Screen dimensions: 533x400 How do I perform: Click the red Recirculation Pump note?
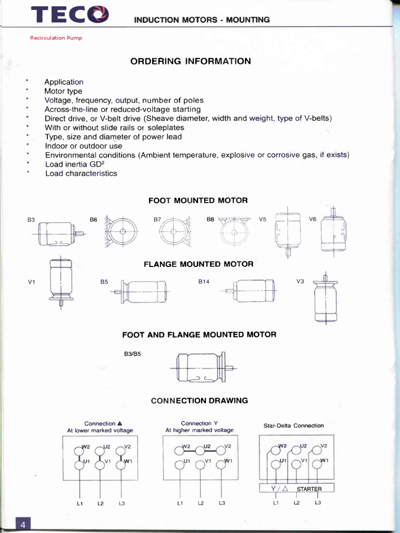(x=56, y=38)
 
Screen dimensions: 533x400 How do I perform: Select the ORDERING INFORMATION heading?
(x=190, y=61)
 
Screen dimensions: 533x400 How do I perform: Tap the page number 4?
(x=23, y=524)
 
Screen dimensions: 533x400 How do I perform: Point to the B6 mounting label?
(x=94, y=220)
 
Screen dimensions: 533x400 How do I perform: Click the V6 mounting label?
(x=312, y=219)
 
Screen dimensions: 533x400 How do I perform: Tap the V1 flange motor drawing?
(x=61, y=284)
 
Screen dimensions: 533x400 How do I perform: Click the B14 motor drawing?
(x=249, y=290)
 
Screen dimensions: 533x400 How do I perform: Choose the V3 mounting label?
(x=300, y=282)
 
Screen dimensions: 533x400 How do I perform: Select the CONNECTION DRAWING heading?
(x=199, y=401)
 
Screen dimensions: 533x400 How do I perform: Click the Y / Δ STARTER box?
(x=296, y=489)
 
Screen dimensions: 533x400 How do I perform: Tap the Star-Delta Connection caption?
(x=293, y=426)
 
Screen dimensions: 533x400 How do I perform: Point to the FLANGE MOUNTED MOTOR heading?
(x=198, y=264)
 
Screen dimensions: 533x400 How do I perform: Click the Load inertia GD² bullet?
(x=76, y=164)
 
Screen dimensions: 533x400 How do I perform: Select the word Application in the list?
(x=64, y=82)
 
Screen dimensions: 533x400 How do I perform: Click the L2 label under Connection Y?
(x=201, y=503)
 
